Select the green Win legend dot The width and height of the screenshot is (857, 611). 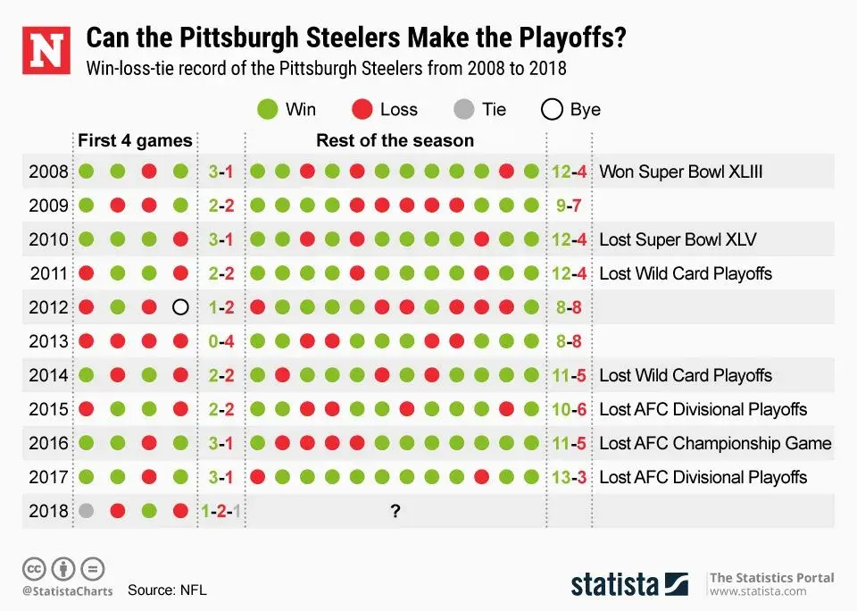coord(267,110)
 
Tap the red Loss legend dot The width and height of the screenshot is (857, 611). coord(361,110)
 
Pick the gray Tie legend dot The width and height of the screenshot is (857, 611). coord(463,110)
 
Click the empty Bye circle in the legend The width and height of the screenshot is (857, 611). coord(553,110)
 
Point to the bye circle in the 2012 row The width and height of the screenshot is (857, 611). coord(180,307)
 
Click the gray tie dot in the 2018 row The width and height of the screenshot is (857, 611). coord(87,511)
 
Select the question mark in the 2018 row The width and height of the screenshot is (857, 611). coord(394,511)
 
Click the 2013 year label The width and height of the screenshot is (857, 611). coord(48,341)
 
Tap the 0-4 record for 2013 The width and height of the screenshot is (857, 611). coord(221,341)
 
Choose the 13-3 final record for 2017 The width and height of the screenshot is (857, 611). coord(569,477)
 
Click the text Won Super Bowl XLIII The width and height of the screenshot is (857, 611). coord(680,172)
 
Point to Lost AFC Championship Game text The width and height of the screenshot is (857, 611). coord(715,443)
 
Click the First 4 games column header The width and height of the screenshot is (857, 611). coord(135,140)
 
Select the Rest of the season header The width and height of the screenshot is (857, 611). coord(395,140)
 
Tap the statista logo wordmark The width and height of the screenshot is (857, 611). coord(615,584)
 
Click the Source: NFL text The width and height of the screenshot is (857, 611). coord(167,590)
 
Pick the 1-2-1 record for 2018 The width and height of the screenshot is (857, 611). coord(221,511)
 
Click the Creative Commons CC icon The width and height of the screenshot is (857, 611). coord(34,568)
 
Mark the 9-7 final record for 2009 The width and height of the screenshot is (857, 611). coord(569,205)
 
